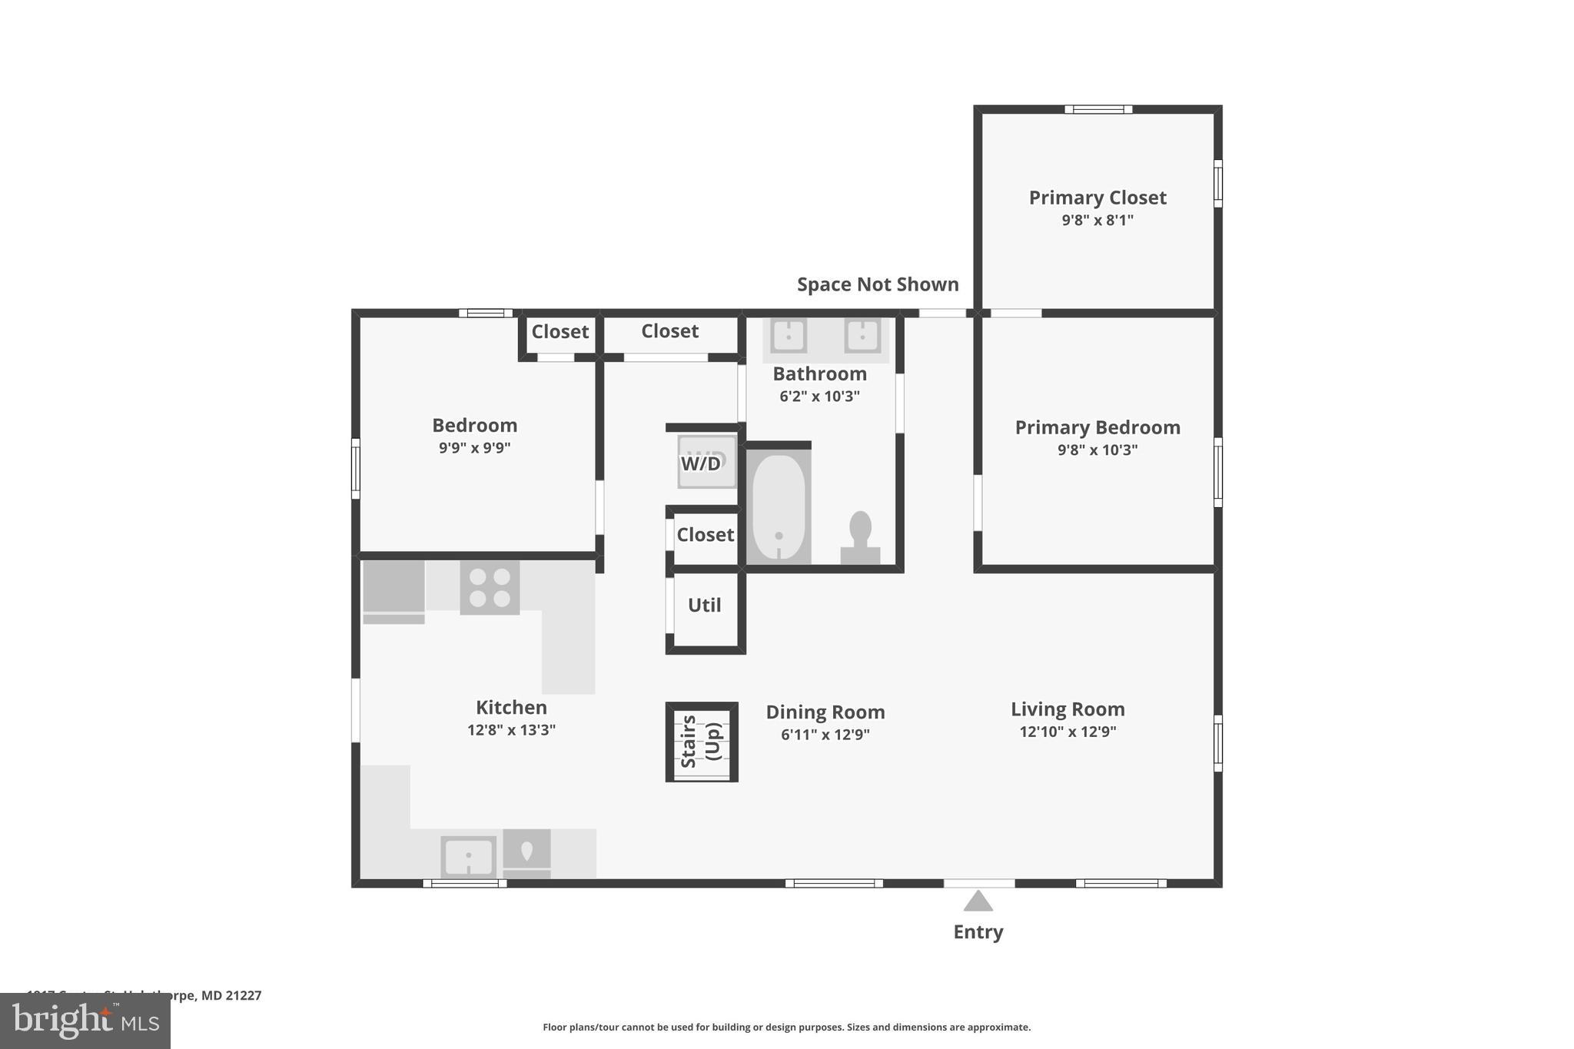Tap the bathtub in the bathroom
click(779, 507)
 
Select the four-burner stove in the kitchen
click(490, 587)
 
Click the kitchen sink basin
click(468, 856)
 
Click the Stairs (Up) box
click(702, 742)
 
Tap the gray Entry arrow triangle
click(978, 901)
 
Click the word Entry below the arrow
click(978, 932)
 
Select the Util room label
click(704, 606)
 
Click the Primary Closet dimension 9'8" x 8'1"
click(1097, 221)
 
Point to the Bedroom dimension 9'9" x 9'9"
click(474, 448)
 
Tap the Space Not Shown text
click(878, 284)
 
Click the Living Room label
click(1068, 709)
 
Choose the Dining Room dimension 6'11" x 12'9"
click(825, 735)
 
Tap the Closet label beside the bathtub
click(705, 535)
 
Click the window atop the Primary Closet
click(1097, 109)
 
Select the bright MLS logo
click(85, 1021)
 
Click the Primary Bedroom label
click(1097, 427)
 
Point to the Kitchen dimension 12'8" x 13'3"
click(511, 730)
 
